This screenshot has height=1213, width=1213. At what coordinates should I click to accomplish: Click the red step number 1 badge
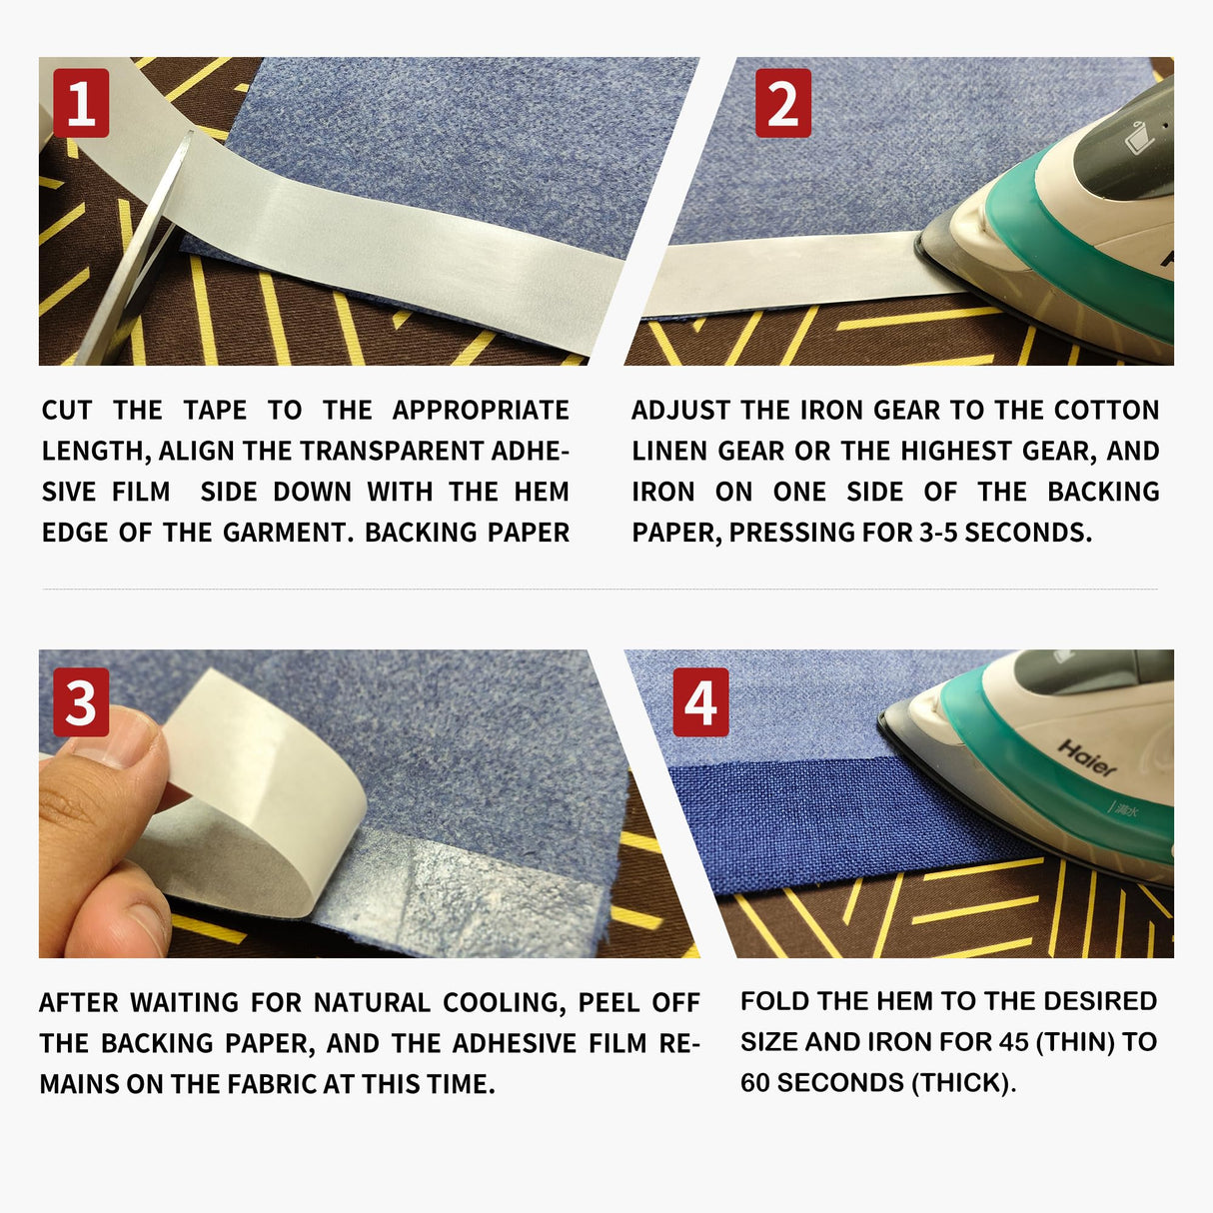81,104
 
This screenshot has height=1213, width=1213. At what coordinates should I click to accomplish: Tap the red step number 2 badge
782,104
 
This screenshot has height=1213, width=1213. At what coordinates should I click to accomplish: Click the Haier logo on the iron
1086,758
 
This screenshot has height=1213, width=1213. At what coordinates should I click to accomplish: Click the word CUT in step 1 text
67,411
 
